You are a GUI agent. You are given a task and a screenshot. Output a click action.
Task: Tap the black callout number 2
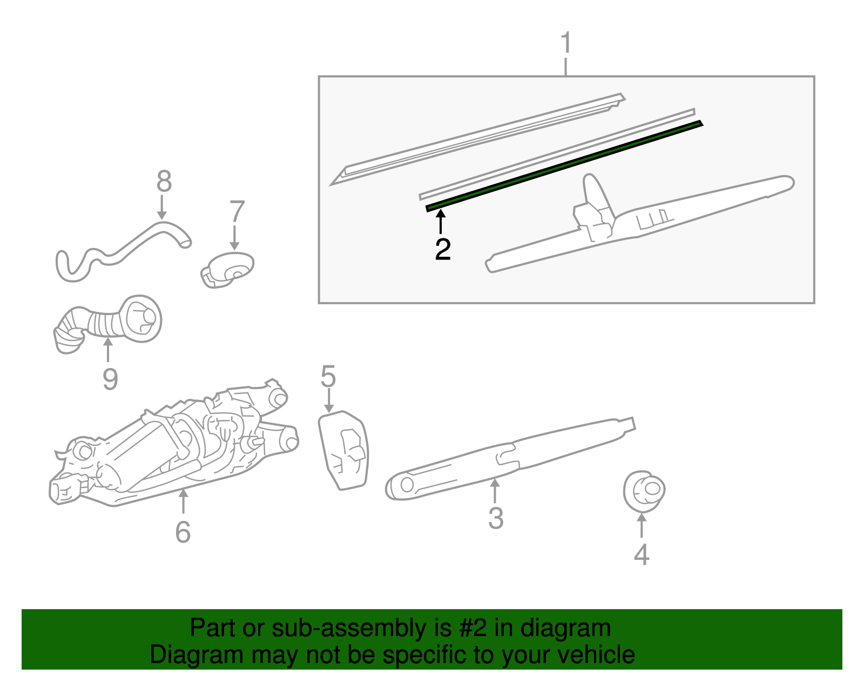coord(443,249)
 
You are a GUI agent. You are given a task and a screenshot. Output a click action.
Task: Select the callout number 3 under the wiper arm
coord(496,518)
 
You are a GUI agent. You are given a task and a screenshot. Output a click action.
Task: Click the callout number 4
coord(641,554)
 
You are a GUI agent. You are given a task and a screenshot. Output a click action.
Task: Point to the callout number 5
coord(328,376)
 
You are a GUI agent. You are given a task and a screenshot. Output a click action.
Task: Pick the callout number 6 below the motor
coord(183,532)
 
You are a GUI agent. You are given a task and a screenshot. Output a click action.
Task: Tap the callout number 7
coord(237,212)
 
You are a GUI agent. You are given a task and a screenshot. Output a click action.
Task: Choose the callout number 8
coord(164,182)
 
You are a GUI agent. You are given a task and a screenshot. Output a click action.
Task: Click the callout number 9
coord(110,379)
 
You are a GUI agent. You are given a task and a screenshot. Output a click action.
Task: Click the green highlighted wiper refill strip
coord(564,166)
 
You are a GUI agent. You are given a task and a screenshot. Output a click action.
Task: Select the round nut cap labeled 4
coord(644,491)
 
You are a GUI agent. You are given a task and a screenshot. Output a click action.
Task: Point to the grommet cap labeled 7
coord(228,269)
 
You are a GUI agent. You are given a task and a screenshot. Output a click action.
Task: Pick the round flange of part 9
coord(142,319)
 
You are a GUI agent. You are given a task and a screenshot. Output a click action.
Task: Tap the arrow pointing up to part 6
coord(183,501)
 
